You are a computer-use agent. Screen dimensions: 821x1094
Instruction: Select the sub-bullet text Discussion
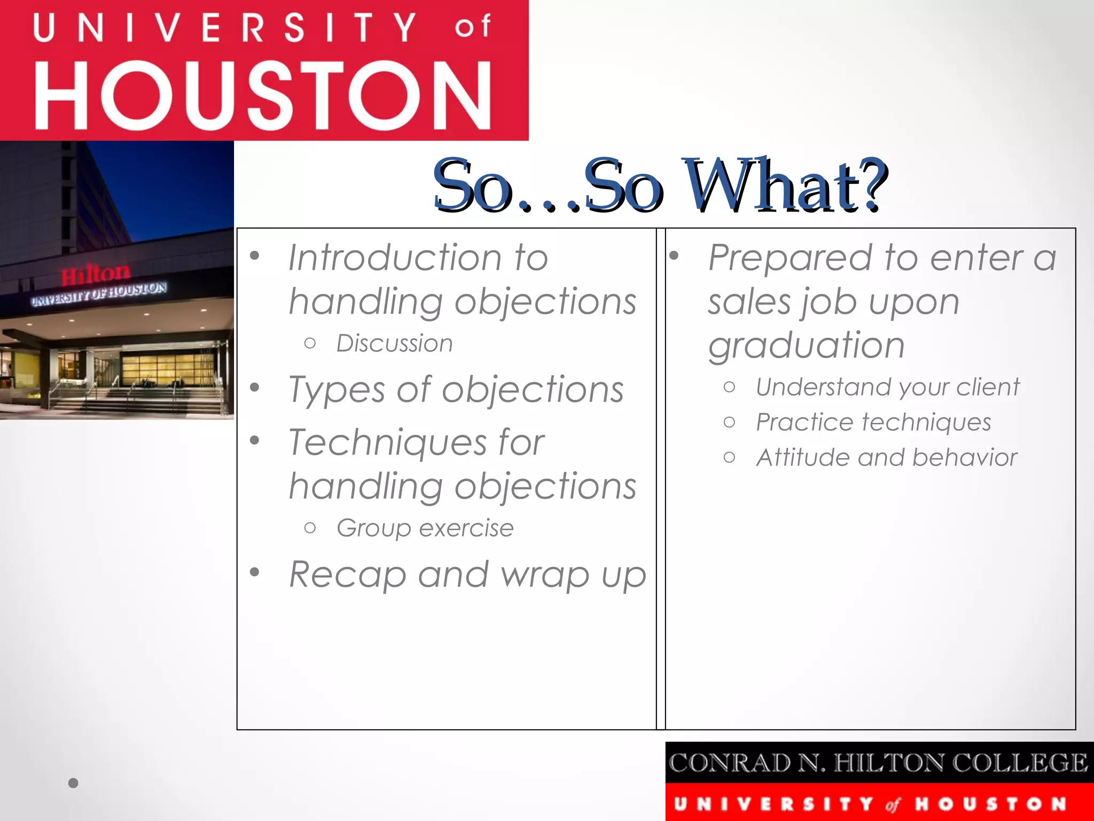394,343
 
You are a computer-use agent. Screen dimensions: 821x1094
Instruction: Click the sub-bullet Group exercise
425,528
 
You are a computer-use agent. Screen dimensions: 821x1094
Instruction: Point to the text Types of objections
456,389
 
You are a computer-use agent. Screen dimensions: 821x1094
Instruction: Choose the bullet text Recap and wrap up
467,575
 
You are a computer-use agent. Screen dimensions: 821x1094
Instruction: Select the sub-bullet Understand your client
887,387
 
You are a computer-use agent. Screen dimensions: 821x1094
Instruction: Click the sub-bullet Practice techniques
873,422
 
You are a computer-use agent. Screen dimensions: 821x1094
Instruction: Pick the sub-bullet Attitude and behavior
886,458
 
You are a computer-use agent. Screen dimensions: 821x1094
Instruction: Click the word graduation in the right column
806,345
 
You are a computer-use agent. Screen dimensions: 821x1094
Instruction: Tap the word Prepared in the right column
791,258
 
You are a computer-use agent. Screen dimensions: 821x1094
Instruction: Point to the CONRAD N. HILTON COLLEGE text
878,763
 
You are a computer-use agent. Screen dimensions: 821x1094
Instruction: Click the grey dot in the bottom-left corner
74,783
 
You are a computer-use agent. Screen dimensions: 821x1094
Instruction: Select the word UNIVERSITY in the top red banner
224,28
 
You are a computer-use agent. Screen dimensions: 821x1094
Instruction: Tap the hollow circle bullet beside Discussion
310,344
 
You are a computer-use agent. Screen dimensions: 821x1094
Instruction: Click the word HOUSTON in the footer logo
990,804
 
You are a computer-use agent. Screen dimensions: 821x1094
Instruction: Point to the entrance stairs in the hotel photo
160,400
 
